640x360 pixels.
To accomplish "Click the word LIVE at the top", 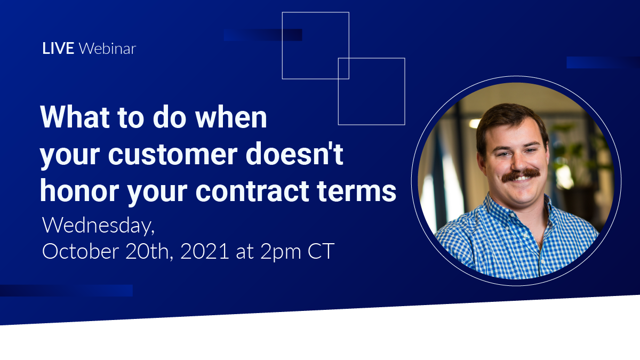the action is [x=58, y=48].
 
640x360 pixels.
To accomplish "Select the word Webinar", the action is [x=107, y=48].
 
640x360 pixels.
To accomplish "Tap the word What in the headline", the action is [x=75, y=117].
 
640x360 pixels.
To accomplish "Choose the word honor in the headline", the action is [x=79, y=190].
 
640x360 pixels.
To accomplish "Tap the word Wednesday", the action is [x=98, y=226].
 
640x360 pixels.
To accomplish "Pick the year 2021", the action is [x=205, y=251].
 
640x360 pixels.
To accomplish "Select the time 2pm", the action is [x=281, y=252].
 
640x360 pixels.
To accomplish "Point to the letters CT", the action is [x=321, y=251].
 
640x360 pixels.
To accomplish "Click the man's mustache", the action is [x=521, y=174].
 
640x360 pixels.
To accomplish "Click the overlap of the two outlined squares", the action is [x=343, y=69].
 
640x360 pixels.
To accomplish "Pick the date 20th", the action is [x=149, y=251].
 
